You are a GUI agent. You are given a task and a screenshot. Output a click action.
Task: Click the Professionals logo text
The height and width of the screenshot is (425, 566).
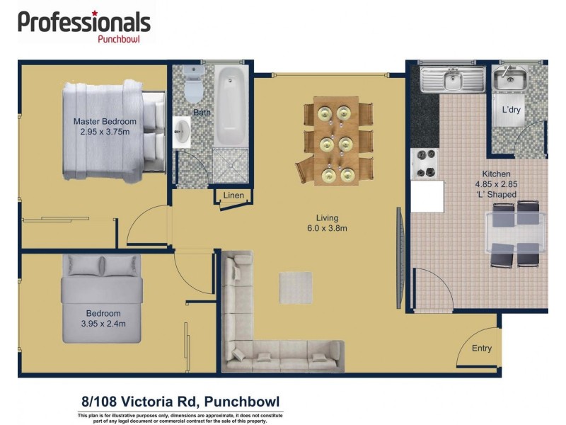[83, 22]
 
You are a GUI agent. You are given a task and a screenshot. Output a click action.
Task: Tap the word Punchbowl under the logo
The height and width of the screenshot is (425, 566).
[117, 40]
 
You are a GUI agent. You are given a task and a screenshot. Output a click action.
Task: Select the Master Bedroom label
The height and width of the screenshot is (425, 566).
[105, 126]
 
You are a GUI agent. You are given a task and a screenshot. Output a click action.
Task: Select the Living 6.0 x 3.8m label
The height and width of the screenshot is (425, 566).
[327, 223]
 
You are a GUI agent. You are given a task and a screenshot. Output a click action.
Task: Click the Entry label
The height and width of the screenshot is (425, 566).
[481, 348]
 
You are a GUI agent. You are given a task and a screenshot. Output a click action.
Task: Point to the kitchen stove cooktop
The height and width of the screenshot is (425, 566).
[424, 163]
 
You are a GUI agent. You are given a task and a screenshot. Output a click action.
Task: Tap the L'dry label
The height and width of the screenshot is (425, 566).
[512, 110]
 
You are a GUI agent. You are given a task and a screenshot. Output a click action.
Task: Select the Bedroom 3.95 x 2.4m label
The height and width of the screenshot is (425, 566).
[103, 319]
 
